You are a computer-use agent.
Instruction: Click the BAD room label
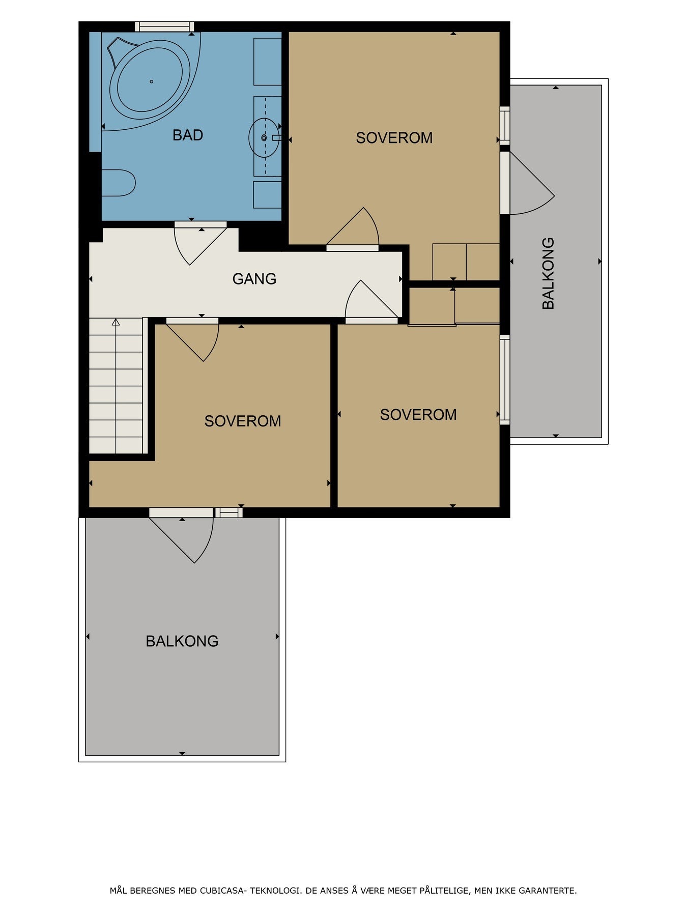click(x=188, y=135)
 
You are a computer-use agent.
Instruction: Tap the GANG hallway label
click(x=254, y=279)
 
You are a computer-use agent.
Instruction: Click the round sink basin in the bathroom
click(x=264, y=137)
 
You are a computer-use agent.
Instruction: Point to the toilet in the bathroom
click(x=119, y=183)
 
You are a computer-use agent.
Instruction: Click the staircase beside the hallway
click(x=116, y=385)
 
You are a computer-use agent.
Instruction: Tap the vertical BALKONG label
click(x=548, y=273)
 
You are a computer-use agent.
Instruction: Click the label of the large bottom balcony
click(x=182, y=641)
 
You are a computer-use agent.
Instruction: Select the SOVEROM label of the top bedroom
click(x=394, y=138)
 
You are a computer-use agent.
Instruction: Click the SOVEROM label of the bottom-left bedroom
click(x=243, y=421)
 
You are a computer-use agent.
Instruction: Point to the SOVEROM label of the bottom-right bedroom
click(x=418, y=415)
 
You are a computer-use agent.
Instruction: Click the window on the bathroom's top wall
click(x=164, y=26)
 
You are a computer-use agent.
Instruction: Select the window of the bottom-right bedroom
click(x=505, y=380)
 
